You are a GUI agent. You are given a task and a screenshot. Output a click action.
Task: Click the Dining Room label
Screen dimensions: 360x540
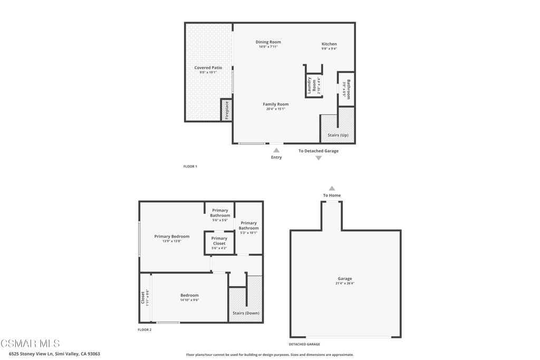(268, 42)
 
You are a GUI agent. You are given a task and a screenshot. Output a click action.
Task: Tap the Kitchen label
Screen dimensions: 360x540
(329, 44)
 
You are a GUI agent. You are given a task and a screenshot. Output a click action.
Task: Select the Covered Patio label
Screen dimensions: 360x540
(208, 68)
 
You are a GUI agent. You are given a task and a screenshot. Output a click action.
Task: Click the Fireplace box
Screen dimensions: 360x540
(226, 110)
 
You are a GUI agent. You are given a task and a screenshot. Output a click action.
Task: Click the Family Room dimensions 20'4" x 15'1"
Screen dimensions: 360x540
(275, 109)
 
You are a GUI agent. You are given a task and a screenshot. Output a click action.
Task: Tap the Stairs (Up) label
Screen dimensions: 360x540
(338, 135)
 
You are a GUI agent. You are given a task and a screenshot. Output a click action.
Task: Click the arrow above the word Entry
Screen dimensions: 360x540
(276, 150)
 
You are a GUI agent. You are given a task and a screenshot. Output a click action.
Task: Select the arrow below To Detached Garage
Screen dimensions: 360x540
(319, 158)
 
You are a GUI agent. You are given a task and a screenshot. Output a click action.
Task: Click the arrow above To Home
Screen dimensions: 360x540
(332, 188)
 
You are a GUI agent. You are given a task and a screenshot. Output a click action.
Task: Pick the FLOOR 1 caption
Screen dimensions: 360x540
(190, 167)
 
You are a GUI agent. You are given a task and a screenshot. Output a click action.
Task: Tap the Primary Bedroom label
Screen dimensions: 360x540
(171, 237)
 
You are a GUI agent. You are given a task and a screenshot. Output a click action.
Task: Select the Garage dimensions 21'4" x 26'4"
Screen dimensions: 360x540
(345, 283)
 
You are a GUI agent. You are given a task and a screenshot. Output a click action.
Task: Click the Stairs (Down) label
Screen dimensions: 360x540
(246, 314)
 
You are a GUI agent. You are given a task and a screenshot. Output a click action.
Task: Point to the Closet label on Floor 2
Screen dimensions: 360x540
(142, 298)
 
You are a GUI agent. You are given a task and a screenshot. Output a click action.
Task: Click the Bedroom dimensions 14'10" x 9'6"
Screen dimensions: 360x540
(189, 300)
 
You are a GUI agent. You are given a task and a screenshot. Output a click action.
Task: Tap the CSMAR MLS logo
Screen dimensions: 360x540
(30, 344)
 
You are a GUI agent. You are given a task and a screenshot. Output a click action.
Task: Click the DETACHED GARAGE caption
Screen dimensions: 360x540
(304, 344)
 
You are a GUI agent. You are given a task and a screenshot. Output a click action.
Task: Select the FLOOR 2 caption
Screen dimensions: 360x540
(144, 330)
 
